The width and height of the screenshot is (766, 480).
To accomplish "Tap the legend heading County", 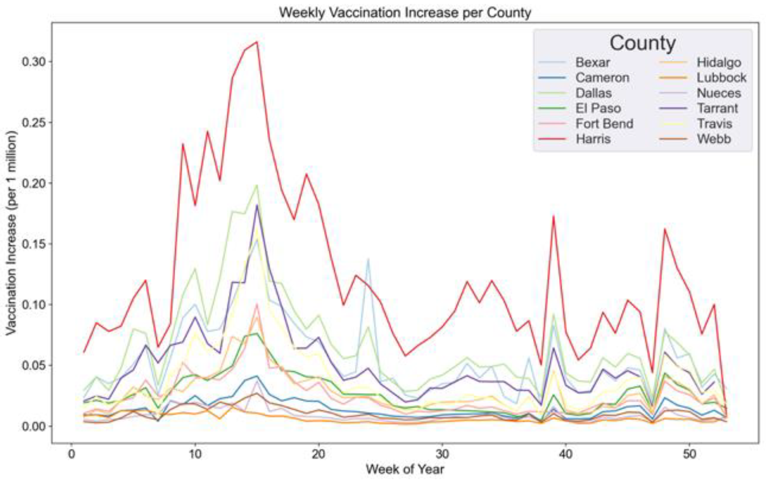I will (x=642, y=43).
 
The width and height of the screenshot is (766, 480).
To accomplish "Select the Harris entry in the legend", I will (x=593, y=139).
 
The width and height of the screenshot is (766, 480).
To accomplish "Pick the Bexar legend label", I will (x=592, y=62).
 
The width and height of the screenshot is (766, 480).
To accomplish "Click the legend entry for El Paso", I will (x=598, y=108).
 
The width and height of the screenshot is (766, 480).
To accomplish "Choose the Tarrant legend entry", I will (x=717, y=108).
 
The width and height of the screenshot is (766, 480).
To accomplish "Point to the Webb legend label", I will (x=714, y=139).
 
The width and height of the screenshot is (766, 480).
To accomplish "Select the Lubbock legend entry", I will (x=721, y=78).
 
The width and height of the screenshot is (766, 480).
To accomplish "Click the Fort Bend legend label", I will (x=604, y=123).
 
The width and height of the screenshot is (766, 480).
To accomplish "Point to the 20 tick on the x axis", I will (x=318, y=454).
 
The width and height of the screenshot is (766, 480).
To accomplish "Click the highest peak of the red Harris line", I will (x=257, y=42).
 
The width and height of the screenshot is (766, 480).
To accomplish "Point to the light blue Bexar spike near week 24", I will (x=368, y=259).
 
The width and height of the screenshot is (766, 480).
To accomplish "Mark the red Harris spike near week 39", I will (x=553, y=216).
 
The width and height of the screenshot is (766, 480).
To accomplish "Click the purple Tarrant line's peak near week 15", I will (x=257, y=205).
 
